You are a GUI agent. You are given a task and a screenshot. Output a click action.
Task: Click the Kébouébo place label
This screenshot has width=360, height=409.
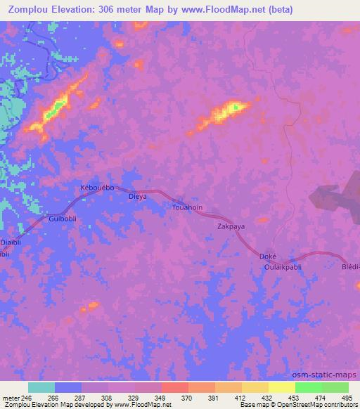pyautogui.click(x=98, y=188)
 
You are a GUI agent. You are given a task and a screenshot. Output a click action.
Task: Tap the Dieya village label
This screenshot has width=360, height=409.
pyautogui.click(x=137, y=197)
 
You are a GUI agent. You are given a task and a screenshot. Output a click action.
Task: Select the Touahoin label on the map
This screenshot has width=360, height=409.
pyautogui.click(x=188, y=208)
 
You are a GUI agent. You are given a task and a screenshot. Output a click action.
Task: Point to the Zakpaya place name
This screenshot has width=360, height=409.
pyautogui.click(x=231, y=227)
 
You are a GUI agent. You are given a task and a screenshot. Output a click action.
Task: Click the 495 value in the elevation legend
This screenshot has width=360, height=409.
pyautogui.click(x=347, y=397)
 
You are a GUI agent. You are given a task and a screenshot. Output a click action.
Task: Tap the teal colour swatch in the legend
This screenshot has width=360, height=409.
pyautogui.click(x=41, y=387)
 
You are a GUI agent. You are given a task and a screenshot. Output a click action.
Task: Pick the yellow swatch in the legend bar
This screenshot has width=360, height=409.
pyautogui.click(x=255, y=387)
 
